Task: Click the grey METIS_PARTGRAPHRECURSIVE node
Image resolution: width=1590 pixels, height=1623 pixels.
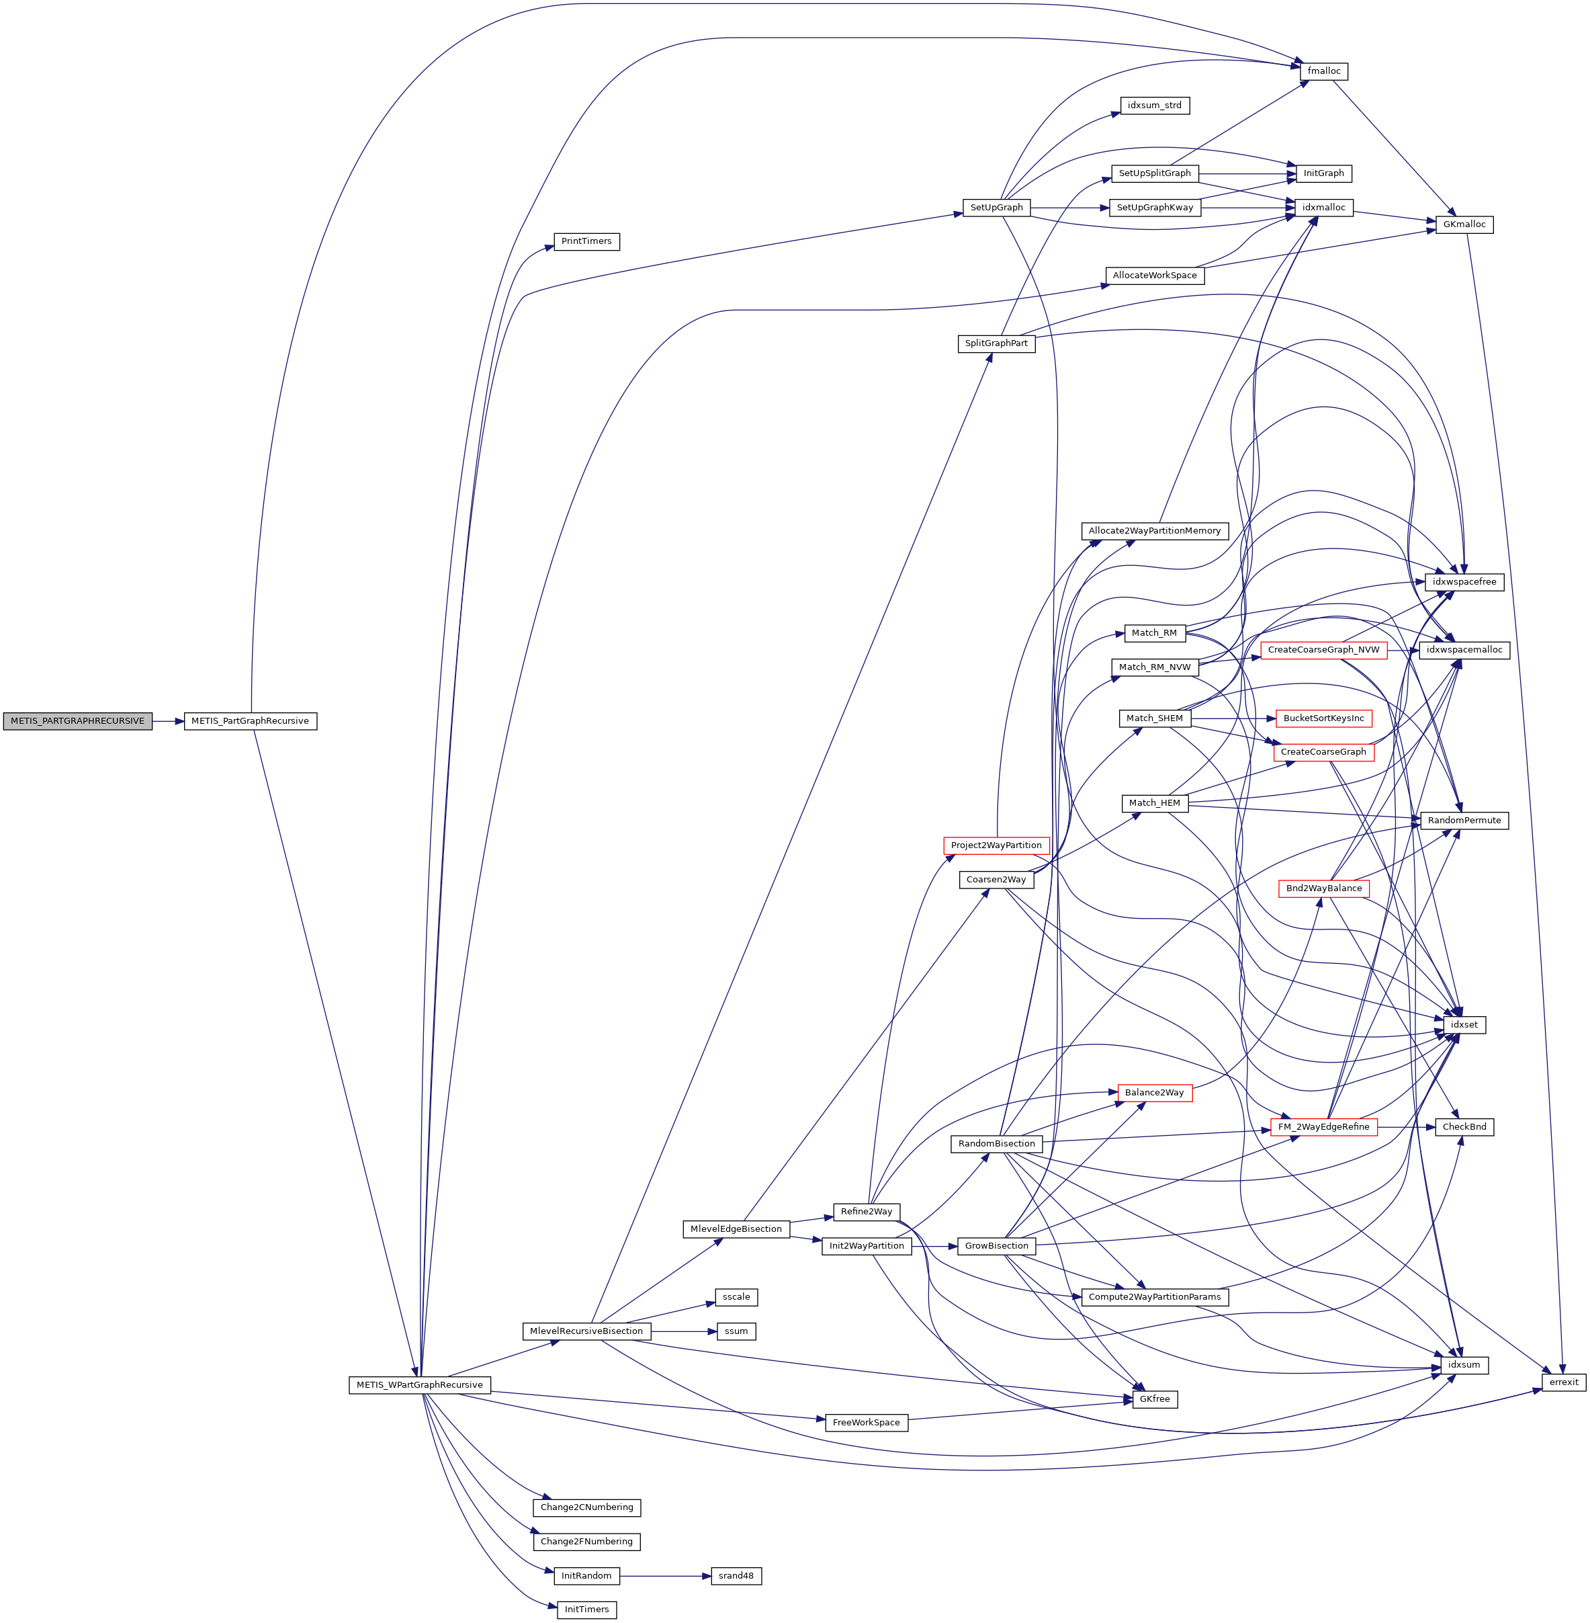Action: [78, 721]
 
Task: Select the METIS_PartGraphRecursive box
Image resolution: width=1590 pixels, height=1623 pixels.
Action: [250, 721]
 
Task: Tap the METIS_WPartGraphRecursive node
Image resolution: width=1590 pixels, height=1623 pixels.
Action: [419, 1385]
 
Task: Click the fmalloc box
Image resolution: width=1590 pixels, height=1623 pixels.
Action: [1323, 71]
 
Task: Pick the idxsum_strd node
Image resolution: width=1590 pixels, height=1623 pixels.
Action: [1154, 106]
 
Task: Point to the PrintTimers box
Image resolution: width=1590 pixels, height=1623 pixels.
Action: [586, 241]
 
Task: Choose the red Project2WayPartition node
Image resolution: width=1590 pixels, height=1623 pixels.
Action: [996, 845]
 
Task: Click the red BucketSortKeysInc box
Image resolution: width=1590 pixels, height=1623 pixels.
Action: [1323, 718]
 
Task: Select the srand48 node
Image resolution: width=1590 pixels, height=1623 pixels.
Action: [736, 1575]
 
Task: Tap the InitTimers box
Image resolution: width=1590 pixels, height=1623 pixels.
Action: [586, 1610]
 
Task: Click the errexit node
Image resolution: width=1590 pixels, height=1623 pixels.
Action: [1563, 1382]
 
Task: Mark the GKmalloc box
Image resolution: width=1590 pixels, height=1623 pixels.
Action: [1464, 224]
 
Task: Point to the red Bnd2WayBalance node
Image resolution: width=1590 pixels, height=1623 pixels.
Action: [1323, 888]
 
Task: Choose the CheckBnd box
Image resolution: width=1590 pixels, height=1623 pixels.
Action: [1464, 1127]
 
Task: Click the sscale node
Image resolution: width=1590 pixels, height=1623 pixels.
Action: [736, 1297]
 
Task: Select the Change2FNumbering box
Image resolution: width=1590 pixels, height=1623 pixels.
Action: [586, 1541]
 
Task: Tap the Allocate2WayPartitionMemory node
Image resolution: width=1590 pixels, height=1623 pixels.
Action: [1154, 530]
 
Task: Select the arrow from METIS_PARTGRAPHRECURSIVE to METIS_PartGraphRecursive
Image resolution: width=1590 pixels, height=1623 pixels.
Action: [168, 721]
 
